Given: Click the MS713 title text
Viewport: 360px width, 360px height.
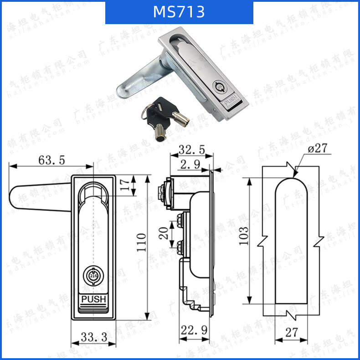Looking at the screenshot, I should [x=179, y=12].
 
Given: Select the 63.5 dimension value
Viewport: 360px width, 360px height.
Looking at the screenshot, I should [x=51, y=160].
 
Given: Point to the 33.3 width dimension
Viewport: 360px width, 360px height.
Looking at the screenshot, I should [x=94, y=337].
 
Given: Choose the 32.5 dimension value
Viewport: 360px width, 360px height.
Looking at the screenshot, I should [x=191, y=149].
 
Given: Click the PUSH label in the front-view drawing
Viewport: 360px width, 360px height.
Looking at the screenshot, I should [x=93, y=299].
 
